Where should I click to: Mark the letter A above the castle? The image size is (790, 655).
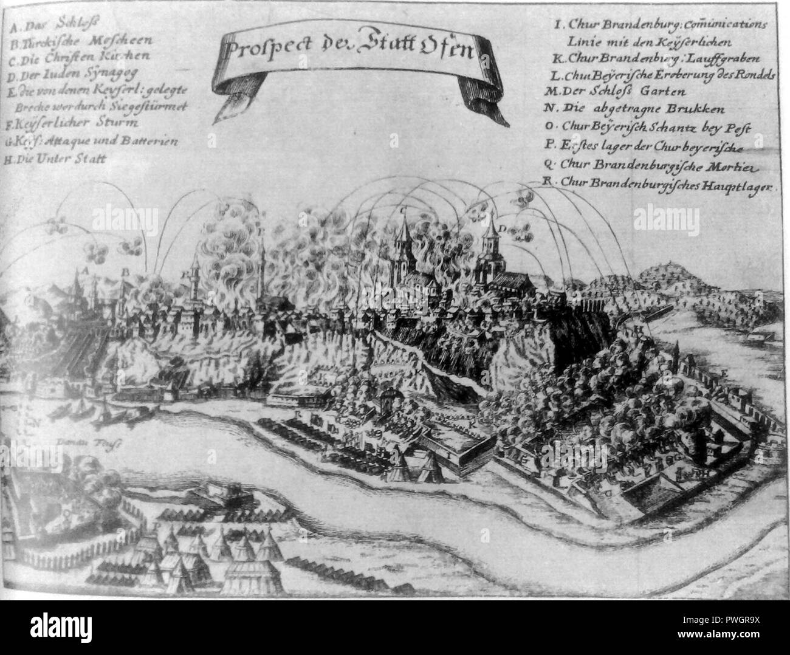point(86,270)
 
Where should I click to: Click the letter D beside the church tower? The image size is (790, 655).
point(503,229)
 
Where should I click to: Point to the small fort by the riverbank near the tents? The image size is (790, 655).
point(219,495)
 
